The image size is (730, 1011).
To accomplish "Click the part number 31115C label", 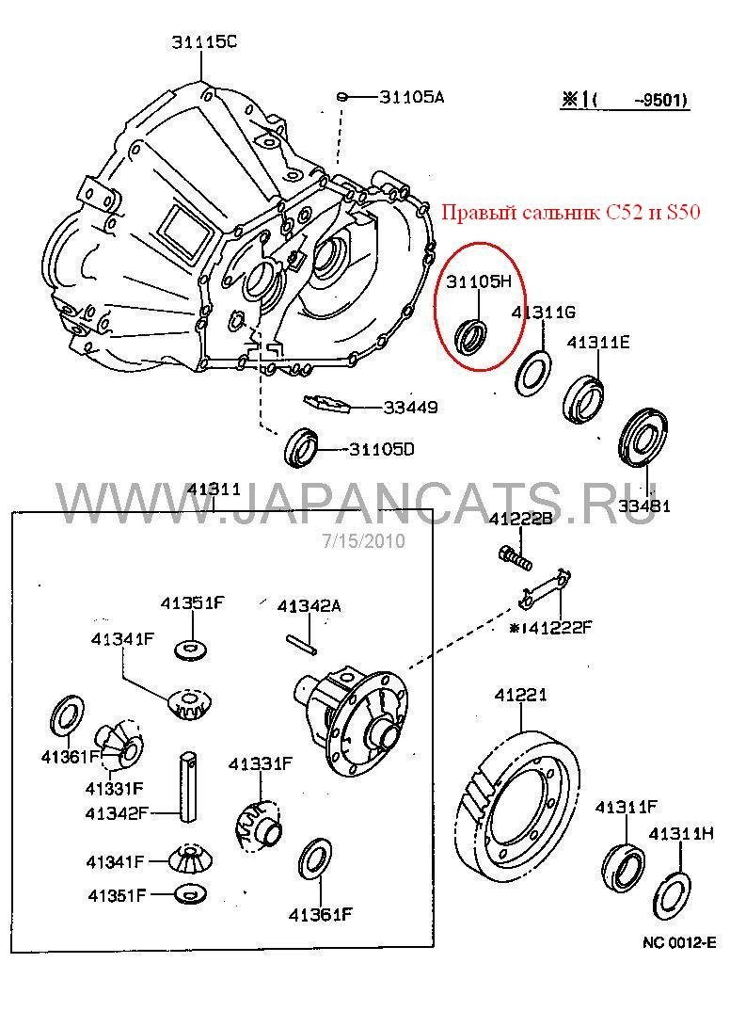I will [x=204, y=40].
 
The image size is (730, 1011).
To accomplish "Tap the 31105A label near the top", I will [x=411, y=96].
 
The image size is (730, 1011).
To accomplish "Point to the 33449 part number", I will [x=410, y=408].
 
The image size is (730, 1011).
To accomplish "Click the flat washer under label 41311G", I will [x=532, y=371].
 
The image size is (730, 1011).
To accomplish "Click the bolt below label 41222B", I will [x=514, y=557].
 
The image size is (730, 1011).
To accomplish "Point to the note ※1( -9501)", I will [x=625, y=100].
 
